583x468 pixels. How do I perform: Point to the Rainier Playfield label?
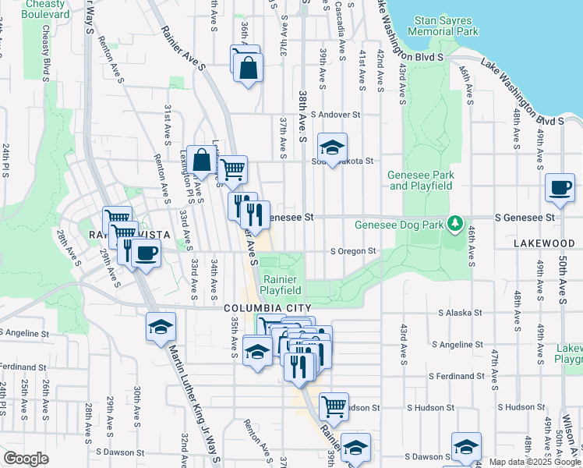click(281, 285)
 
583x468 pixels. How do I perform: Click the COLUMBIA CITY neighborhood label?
click(267, 308)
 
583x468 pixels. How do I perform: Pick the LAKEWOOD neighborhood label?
click(544, 244)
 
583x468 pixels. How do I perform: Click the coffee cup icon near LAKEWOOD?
click(559, 188)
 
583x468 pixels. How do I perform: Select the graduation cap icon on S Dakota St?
click(332, 147)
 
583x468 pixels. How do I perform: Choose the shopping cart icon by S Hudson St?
click(334, 406)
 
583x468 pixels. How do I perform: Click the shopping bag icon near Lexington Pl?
click(201, 161)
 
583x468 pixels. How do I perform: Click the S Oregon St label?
click(353, 251)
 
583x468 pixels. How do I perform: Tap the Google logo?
click(26, 459)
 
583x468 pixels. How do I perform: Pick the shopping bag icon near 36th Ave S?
click(248, 67)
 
